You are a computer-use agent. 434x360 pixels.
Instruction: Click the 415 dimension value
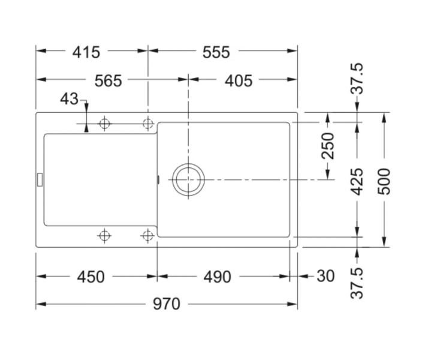point(86,52)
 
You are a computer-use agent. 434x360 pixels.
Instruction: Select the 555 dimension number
point(216,52)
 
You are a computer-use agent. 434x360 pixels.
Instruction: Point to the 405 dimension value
point(239,80)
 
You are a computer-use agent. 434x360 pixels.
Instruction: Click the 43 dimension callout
point(69,99)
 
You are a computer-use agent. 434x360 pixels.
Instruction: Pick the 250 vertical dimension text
point(328,146)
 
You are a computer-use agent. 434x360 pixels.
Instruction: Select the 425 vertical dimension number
point(357,182)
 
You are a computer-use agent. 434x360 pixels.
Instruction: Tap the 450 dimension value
point(91,277)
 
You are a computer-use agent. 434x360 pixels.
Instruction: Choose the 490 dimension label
point(217,277)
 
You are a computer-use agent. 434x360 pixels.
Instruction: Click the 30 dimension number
point(325,276)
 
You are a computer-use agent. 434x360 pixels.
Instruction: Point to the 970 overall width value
point(166,304)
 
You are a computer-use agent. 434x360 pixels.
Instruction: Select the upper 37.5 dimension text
point(357,79)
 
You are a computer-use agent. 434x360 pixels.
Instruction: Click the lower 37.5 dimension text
point(357,283)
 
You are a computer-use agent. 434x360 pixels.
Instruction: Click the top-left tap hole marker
point(104,124)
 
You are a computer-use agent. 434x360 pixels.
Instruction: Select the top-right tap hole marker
point(147,124)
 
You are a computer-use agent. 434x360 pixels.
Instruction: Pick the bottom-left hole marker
point(104,235)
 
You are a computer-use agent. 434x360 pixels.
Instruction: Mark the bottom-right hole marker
point(147,235)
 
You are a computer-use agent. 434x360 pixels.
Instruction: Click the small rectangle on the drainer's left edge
point(40,178)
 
